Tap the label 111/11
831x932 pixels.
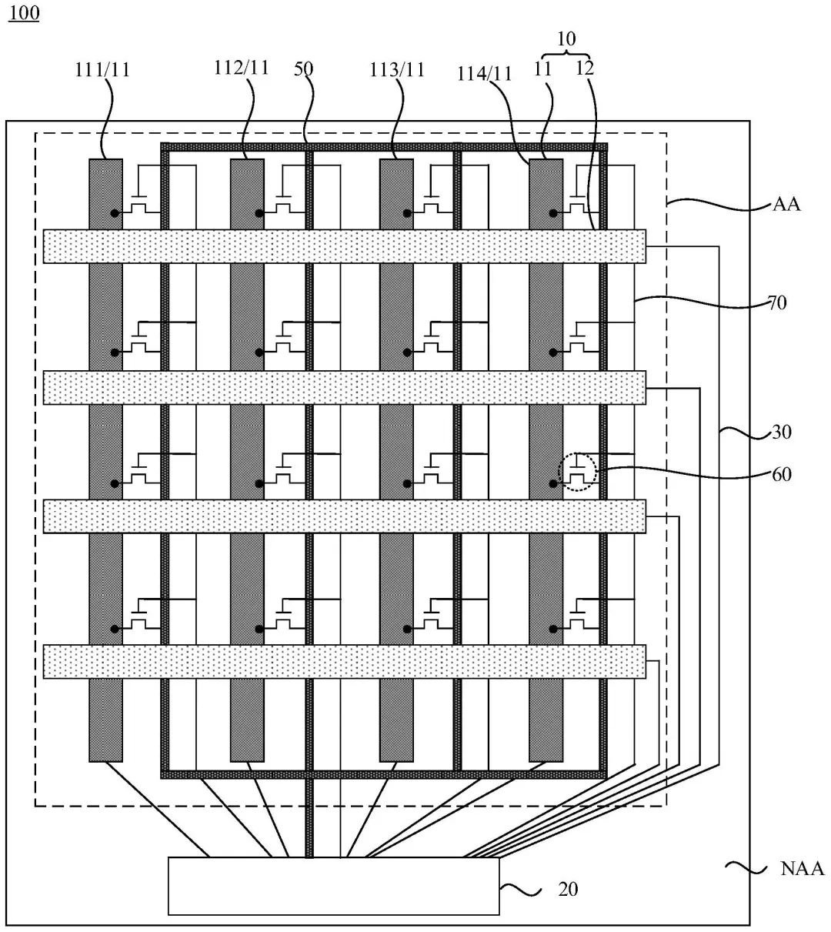(102, 70)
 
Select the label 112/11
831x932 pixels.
(241, 68)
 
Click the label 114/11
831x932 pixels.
(485, 74)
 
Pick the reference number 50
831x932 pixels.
(303, 68)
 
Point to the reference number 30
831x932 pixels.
(781, 432)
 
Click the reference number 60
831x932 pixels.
(781, 475)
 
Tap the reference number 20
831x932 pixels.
(568, 890)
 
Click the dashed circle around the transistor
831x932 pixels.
(577, 472)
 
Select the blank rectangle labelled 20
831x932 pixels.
(333, 886)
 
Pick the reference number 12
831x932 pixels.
(585, 68)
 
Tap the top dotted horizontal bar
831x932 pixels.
(344, 246)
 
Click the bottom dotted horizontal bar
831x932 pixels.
(344, 662)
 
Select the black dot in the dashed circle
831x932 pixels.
(553, 483)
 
